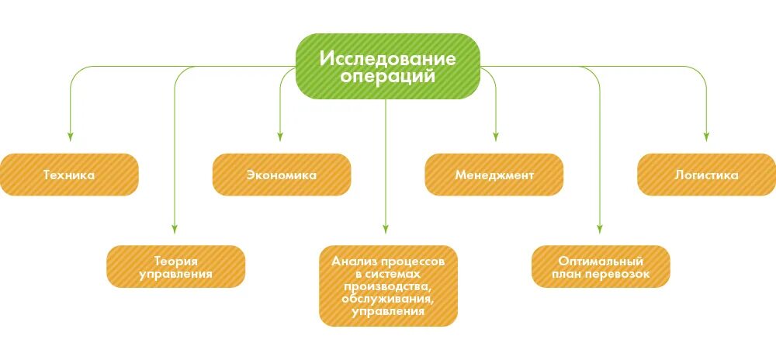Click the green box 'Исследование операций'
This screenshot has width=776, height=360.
tap(388, 67)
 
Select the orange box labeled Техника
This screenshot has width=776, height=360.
tap(69, 175)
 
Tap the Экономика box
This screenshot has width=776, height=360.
tap(281, 175)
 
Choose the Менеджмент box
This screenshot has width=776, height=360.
tap(494, 175)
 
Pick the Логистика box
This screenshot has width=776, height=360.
tap(706, 175)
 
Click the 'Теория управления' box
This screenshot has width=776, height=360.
tap(175, 267)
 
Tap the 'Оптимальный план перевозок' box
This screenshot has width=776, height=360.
tap(601, 267)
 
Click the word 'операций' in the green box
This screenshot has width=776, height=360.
tap(388, 78)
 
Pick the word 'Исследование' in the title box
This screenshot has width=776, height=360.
tap(388, 58)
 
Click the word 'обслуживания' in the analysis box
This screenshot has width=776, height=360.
tap(388, 299)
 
